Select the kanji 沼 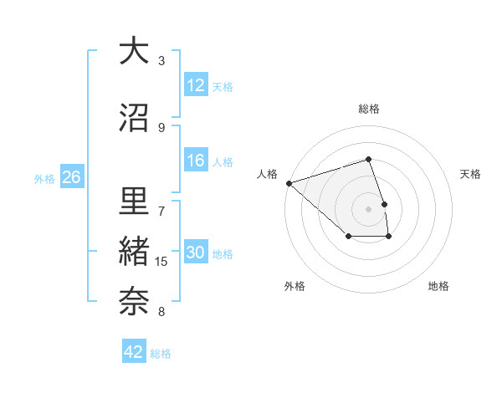click(134, 116)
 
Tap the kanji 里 click(134, 202)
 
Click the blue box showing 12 click(196, 85)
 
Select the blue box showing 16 click(196, 161)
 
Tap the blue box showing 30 click(196, 253)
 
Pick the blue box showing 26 click(71, 177)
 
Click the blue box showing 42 click(134, 352)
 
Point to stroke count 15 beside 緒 click(162, 262)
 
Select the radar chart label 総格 click(369, 110)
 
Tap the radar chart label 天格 click(471, 174)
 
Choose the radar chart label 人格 click(267, 174)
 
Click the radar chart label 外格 click(295, 287)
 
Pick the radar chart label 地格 click(438, 287)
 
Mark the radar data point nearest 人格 click(289, 183)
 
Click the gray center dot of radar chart click(369, 208)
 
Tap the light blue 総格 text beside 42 click(161, 354)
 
